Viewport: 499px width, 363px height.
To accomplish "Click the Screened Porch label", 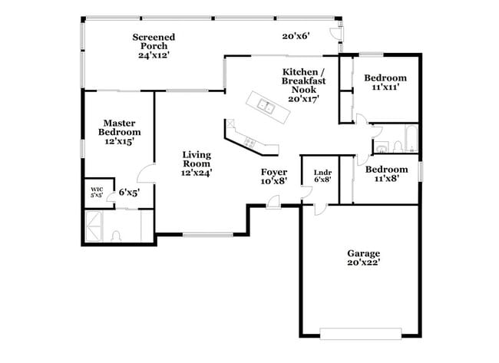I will pyautogui.click(x=154, y=46).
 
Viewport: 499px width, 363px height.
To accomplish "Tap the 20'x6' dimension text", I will pyautogui.click(x=296, y=36).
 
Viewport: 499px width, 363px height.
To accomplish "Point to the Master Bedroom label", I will pyautogui.click(x=120, y=132).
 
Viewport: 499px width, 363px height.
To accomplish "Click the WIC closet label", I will pyautogui.click(x=97, y=192).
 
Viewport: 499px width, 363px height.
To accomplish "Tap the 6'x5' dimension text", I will pyautogui.click(x=128, y=193).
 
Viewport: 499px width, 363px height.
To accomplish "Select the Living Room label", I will pyautogui.click(x=196, y=163).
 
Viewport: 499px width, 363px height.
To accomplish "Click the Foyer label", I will pyautogui.click(x=274, y=177).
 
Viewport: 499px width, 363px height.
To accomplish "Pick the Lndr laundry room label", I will pyautogui.click(x=322, y=176).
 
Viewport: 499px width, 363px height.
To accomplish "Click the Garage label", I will pyautogui.click(x=363, y=258).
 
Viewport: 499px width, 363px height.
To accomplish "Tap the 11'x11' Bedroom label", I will pyautogui.click(x=385, y=82).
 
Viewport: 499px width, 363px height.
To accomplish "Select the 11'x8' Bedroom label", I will pyautogui.click(x=385, y=174).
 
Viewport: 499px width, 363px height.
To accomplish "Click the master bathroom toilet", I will pyautogui.click(x=115, y=236).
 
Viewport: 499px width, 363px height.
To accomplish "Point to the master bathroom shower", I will pyautogui.click(x=97, y=228).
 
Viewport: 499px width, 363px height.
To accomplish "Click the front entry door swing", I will pyautogui.click(x=273, y=200).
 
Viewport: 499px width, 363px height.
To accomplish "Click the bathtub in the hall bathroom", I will pyautogui.click(x=409, y=139).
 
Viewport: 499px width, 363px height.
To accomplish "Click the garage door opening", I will pyautogui.click(x=361, y=334).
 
